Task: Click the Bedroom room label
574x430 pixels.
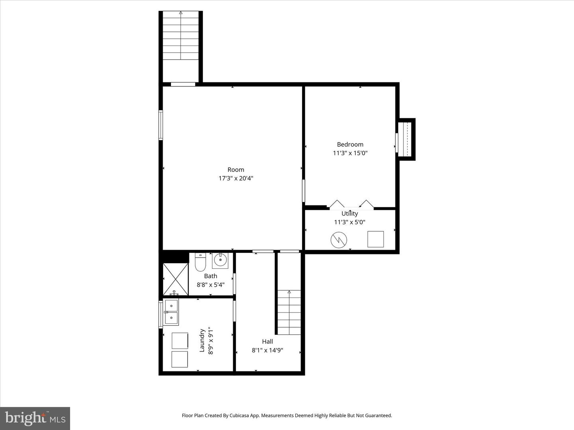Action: [350, 145]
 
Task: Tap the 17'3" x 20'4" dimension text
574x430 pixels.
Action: [236, 178]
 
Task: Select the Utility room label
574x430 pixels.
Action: [350, 214]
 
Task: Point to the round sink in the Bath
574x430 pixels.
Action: [220, 260]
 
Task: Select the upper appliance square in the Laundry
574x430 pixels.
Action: [179, 340]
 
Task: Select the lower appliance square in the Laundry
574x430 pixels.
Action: [179, 359]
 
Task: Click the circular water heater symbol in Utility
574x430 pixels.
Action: [338, 240]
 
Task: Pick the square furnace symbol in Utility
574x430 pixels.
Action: [375, 239]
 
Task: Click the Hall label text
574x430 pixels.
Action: [267, 342]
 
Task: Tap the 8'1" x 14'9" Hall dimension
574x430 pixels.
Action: [267, 350]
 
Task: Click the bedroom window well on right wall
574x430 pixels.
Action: [406, 139]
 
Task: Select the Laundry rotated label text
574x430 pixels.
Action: [202, 340]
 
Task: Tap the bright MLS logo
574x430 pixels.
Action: [35, 418]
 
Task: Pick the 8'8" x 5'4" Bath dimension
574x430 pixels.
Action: [210, 285]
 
